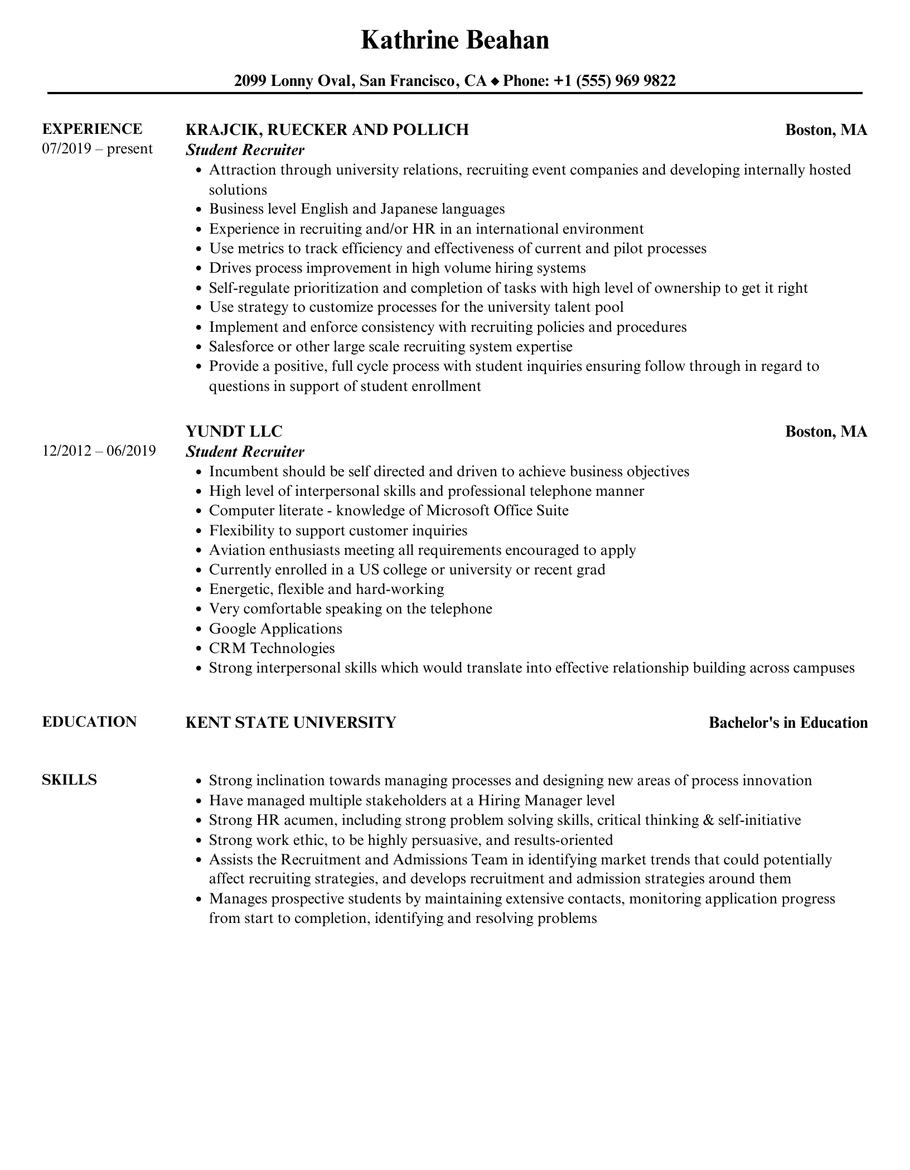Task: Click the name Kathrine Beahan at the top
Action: click(x=454, y=40)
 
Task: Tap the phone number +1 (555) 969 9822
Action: click(x=614, y=81)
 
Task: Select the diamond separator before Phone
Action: click(x=495, y=82)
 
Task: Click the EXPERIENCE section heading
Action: click(x=92, y=129)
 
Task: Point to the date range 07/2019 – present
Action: click(x=97, y=149)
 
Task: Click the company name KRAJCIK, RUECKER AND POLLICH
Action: click(x=327, y=130)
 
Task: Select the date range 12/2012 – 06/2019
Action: click(x=99, y=451)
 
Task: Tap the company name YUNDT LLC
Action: click(x=234, y=432)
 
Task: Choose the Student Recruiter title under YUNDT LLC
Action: click(x=245, y=452)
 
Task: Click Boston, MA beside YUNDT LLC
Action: click(x=826, y=432)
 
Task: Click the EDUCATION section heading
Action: click(x=89, y=722)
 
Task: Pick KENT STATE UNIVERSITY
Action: click(x=290, y=723)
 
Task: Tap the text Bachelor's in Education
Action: click(x=788, y=723)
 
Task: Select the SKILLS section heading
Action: click(x=69, y=780)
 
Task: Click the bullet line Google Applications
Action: click(x=275, y=629)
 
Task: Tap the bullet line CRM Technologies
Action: click(x=272, y=649)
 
